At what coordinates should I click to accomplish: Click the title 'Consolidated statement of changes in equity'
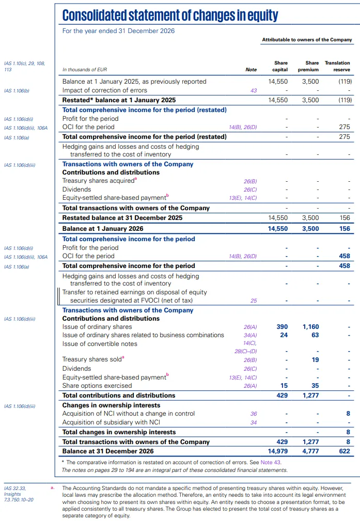pyautogui.click(x=170, y=15)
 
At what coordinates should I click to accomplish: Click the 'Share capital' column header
pyautogui.click(x=280, y=66)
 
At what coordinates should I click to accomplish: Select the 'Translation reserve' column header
pyautogui.click(x=337, y=66)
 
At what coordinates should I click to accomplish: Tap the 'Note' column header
pyautogui.click(x=251, y=70)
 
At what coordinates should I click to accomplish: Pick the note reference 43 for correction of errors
pyautogui.click(x=253, y=91)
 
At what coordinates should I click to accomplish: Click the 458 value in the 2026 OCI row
pyautogui.click(x=344, y=256)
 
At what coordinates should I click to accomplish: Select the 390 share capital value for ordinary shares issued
pyautogui.click(x=282, y=327)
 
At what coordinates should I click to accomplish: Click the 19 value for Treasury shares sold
pyautogui.click(x=315, y=360)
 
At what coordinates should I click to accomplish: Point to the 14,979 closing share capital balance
pyautogui.click(x=277, y=451)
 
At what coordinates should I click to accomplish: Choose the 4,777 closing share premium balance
pyautogui.click(x=309, y=451)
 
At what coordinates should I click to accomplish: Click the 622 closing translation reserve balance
pyautogui.click(x=344, y=451)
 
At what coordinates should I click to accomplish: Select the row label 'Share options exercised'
pyautogui.click(x=97, y=386)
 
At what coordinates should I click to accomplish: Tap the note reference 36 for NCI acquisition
pyautogui.click(x=253, y=414)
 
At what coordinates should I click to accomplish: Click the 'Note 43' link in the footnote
pyautogui.click(x=272, y=462)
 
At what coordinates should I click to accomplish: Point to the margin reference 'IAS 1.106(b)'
pyautogui.click(x=17, y=91)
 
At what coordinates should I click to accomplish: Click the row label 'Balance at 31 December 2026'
pyautogui.click(x=108, y=451)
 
